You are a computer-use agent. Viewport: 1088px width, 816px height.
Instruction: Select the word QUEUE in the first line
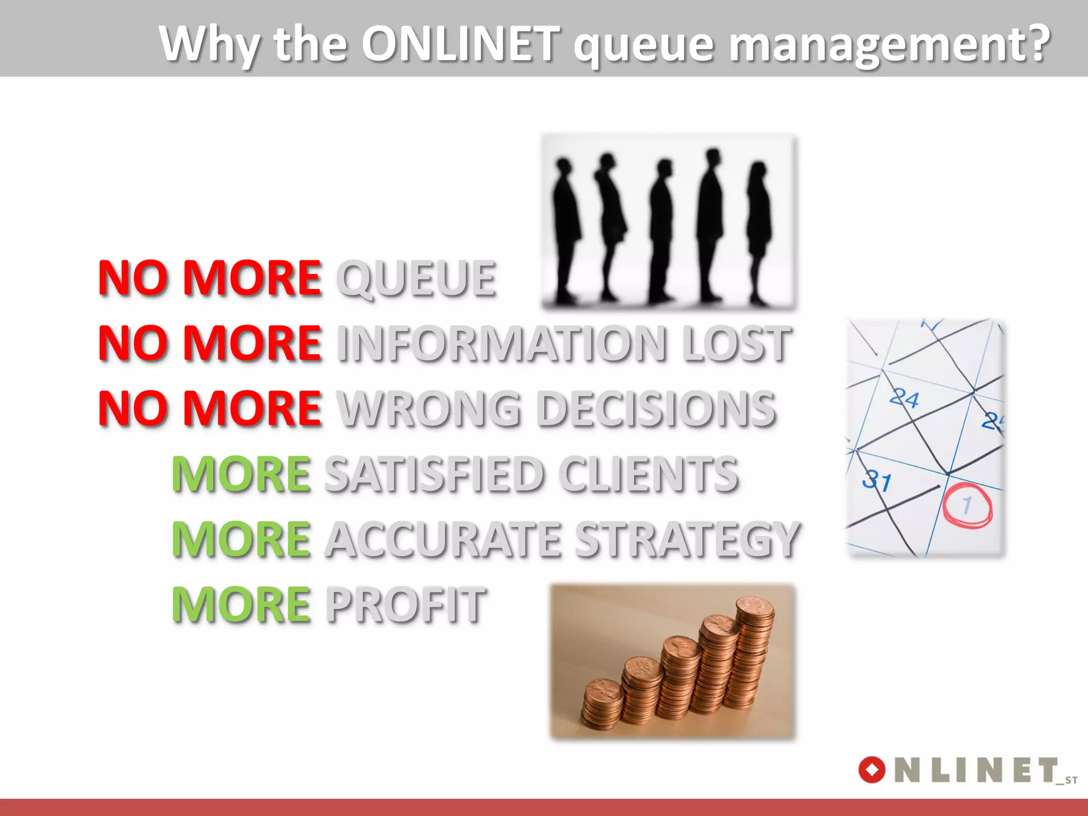[x=416, y=278]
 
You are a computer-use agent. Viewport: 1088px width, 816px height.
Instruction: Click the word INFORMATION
[x=501, y=344]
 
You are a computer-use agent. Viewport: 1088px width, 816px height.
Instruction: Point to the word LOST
[x=736, y=344]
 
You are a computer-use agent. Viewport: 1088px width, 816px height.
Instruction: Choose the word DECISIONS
[x=656, y=409]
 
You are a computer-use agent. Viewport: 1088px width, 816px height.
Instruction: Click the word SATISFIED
[x=433, y=474]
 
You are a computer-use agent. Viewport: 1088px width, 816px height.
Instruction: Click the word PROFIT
[x=405, y=605]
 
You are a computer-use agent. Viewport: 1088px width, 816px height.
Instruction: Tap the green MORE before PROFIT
[x=241, y=605]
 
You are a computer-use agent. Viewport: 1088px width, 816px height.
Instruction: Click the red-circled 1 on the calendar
[x=967, y=505]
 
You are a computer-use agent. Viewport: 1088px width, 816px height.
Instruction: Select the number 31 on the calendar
[x=877, y=481]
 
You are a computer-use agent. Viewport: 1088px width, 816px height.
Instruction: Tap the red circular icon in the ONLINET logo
[x=872, y=770]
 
